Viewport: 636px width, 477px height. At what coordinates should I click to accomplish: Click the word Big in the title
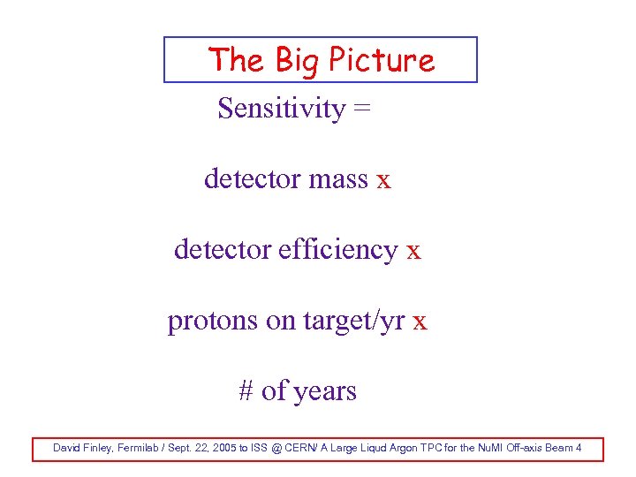(x=297, y=60)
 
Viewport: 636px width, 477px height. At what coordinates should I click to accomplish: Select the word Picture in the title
(x=382, y=60)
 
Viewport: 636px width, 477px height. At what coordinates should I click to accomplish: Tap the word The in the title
(x=236, y=60)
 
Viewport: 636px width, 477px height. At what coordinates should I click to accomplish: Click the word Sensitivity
(x=281, y=109)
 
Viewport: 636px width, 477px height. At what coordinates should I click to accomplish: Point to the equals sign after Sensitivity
(x=362, y=110)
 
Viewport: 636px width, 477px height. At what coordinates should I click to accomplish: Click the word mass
(x=338, y=179)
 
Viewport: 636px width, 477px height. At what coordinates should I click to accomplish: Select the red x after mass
(x=383, y=180)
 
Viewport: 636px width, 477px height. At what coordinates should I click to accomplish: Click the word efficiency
(x=337, y=250)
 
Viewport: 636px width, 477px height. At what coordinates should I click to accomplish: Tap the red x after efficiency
(x=413, y=251)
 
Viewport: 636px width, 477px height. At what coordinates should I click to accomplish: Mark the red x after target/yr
(x=420, y=322)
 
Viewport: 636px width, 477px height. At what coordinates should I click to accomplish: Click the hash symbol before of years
(x=246, y=390)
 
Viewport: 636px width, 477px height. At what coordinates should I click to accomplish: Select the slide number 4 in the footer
(x=579, y=448)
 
